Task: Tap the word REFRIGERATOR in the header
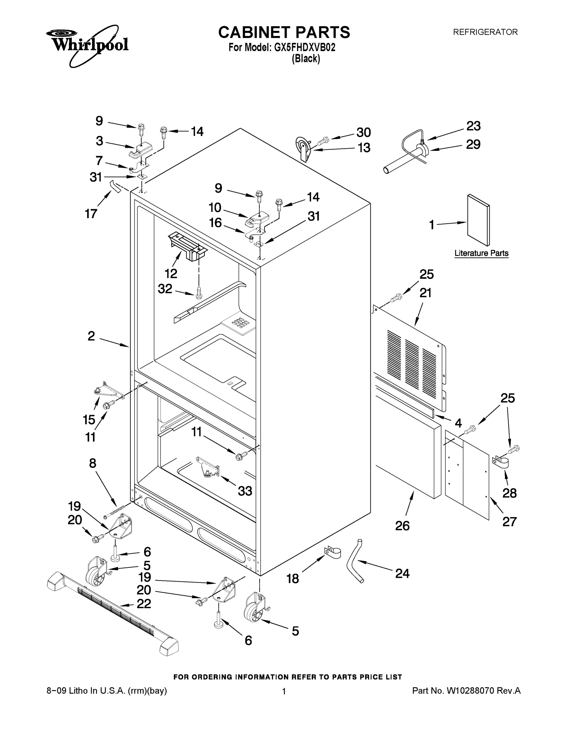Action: point(485,32)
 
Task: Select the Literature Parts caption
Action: point(481,253)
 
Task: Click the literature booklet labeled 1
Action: point(478,220)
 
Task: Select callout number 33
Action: point(245,491)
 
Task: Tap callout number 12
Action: point(171,274)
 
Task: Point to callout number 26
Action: point(402,526)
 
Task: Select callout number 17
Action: point(91,213)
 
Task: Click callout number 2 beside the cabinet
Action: point(91,336)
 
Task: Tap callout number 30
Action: point(363,133)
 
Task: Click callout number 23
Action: point(473,126)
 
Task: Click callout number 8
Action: point(92,463)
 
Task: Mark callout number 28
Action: point(509,493)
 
